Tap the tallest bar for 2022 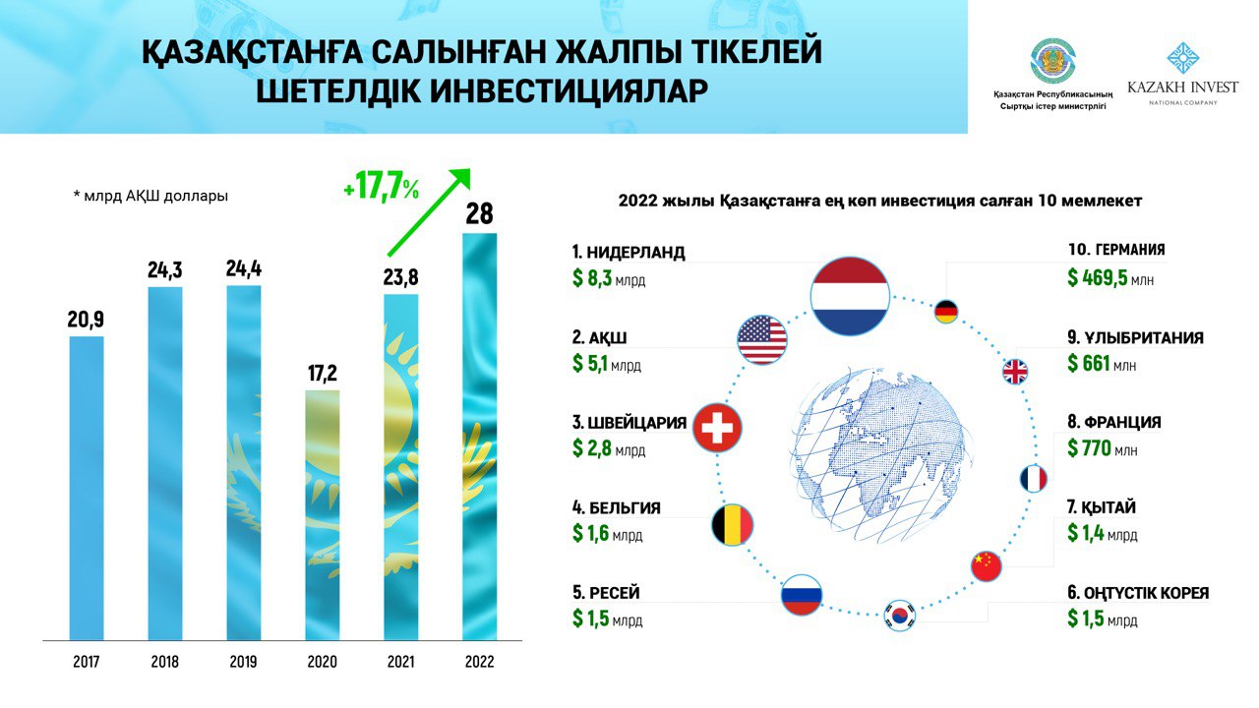(x=479, y=437)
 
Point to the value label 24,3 (x=165, y=270)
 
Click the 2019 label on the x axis (x=243, y=662)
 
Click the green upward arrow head (x=458, y=181)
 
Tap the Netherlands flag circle (x=850, y=296)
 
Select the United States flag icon (x=762, y=339)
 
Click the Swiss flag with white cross (x=717, y=429)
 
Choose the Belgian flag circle (x=732, y=525)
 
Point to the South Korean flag (x=899, y=616)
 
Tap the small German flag (x=946, y=313)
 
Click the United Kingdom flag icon (x=1014, y=372)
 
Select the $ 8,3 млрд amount (x=609, y=279)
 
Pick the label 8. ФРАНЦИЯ (x=1114, y=423)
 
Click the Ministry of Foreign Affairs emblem (x=1052, y=61)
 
